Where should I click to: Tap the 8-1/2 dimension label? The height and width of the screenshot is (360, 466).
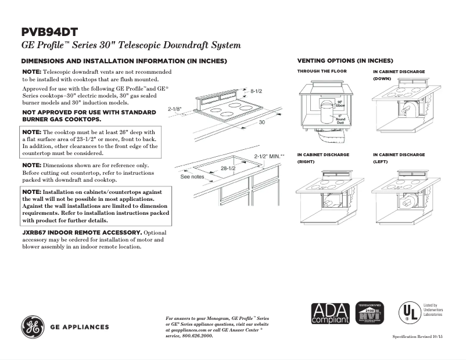click(x=257, y=91)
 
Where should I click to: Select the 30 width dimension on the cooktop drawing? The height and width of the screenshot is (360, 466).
click(x=262, y=123)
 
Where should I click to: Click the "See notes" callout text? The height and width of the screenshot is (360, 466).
click(x=192, y=176)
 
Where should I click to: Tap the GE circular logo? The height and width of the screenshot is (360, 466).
click(x=34, y=327)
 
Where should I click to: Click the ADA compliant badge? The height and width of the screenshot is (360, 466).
click(x=330, y=314)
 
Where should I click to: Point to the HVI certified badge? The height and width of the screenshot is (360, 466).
click(x=368, y=314)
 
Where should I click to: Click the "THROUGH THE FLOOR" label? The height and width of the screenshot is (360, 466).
click(x=322, y=71)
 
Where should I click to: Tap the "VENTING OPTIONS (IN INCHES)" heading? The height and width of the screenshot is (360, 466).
click(x=345, y=60)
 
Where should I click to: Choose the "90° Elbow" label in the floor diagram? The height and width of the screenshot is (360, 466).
click(x=341, y=105)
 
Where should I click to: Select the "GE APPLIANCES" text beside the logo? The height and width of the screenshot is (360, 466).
click(x=80, y=327)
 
